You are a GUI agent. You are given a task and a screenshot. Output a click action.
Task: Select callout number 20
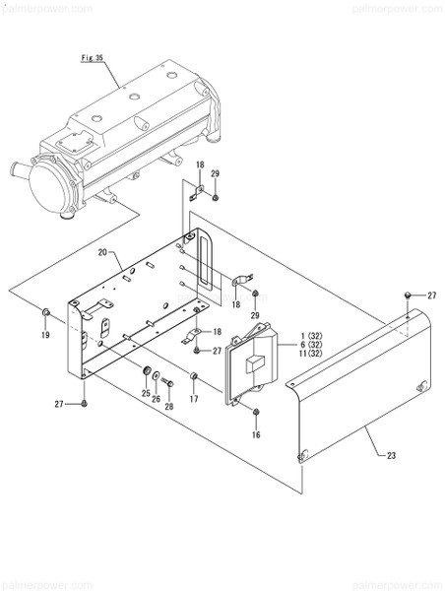tap(102, 253)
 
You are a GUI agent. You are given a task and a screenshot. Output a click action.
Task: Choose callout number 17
tap(194, 398)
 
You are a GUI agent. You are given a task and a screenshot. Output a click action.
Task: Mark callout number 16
tap(256, 433)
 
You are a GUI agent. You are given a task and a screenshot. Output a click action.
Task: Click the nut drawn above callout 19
tap(46, 313)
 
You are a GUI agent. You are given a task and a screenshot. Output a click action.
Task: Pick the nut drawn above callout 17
tap(194, 376)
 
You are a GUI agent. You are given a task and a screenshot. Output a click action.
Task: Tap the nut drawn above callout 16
tap(256, 412)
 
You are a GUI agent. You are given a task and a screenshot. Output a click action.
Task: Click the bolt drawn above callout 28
tap(166, 381)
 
